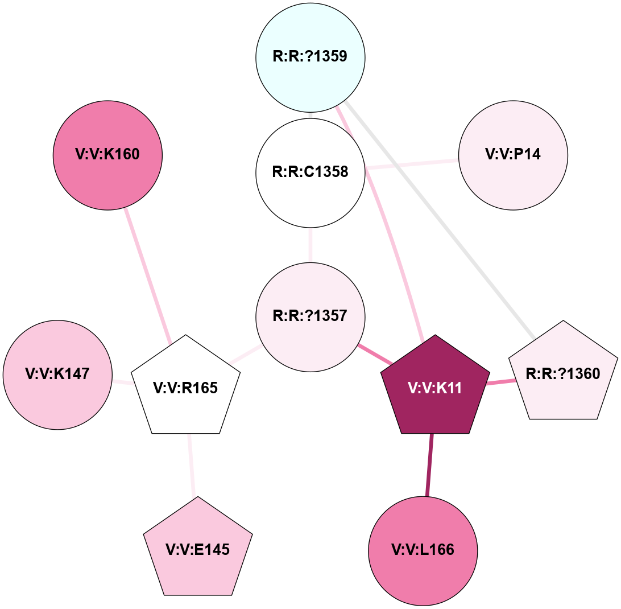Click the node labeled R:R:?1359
pos(310,57)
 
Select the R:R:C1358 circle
pos(310,172)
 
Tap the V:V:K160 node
pos(107,154)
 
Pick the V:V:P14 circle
pos(513,155)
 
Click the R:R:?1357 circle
pos(310,316)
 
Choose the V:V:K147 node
pos(57,375)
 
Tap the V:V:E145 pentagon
pos(197,549)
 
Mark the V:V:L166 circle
pos(423,550)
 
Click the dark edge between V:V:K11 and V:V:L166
pos(429,464)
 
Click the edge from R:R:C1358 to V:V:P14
pos(412,164)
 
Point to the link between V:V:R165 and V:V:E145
pos(191,464)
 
